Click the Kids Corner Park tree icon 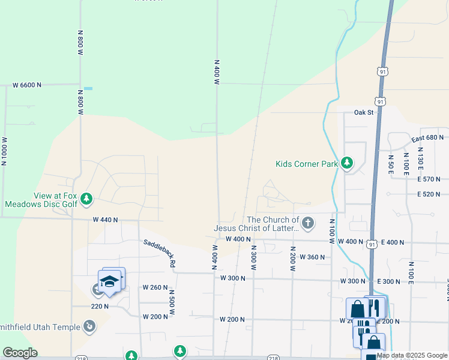click(x=346, y=163)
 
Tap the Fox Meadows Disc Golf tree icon click(x=86, y=198)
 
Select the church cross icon click(x=307, y=224)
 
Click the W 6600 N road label click(x=27, y=85)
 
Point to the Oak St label click(x=364, y=112)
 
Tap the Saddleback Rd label click(x=159, y=253)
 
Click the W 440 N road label click(x=105, y=220)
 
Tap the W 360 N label click(x=312, y=257)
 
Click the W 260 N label click(x=155, y=287)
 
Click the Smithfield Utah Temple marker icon click(x=89, y=326)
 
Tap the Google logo click(x=20, y=353)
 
